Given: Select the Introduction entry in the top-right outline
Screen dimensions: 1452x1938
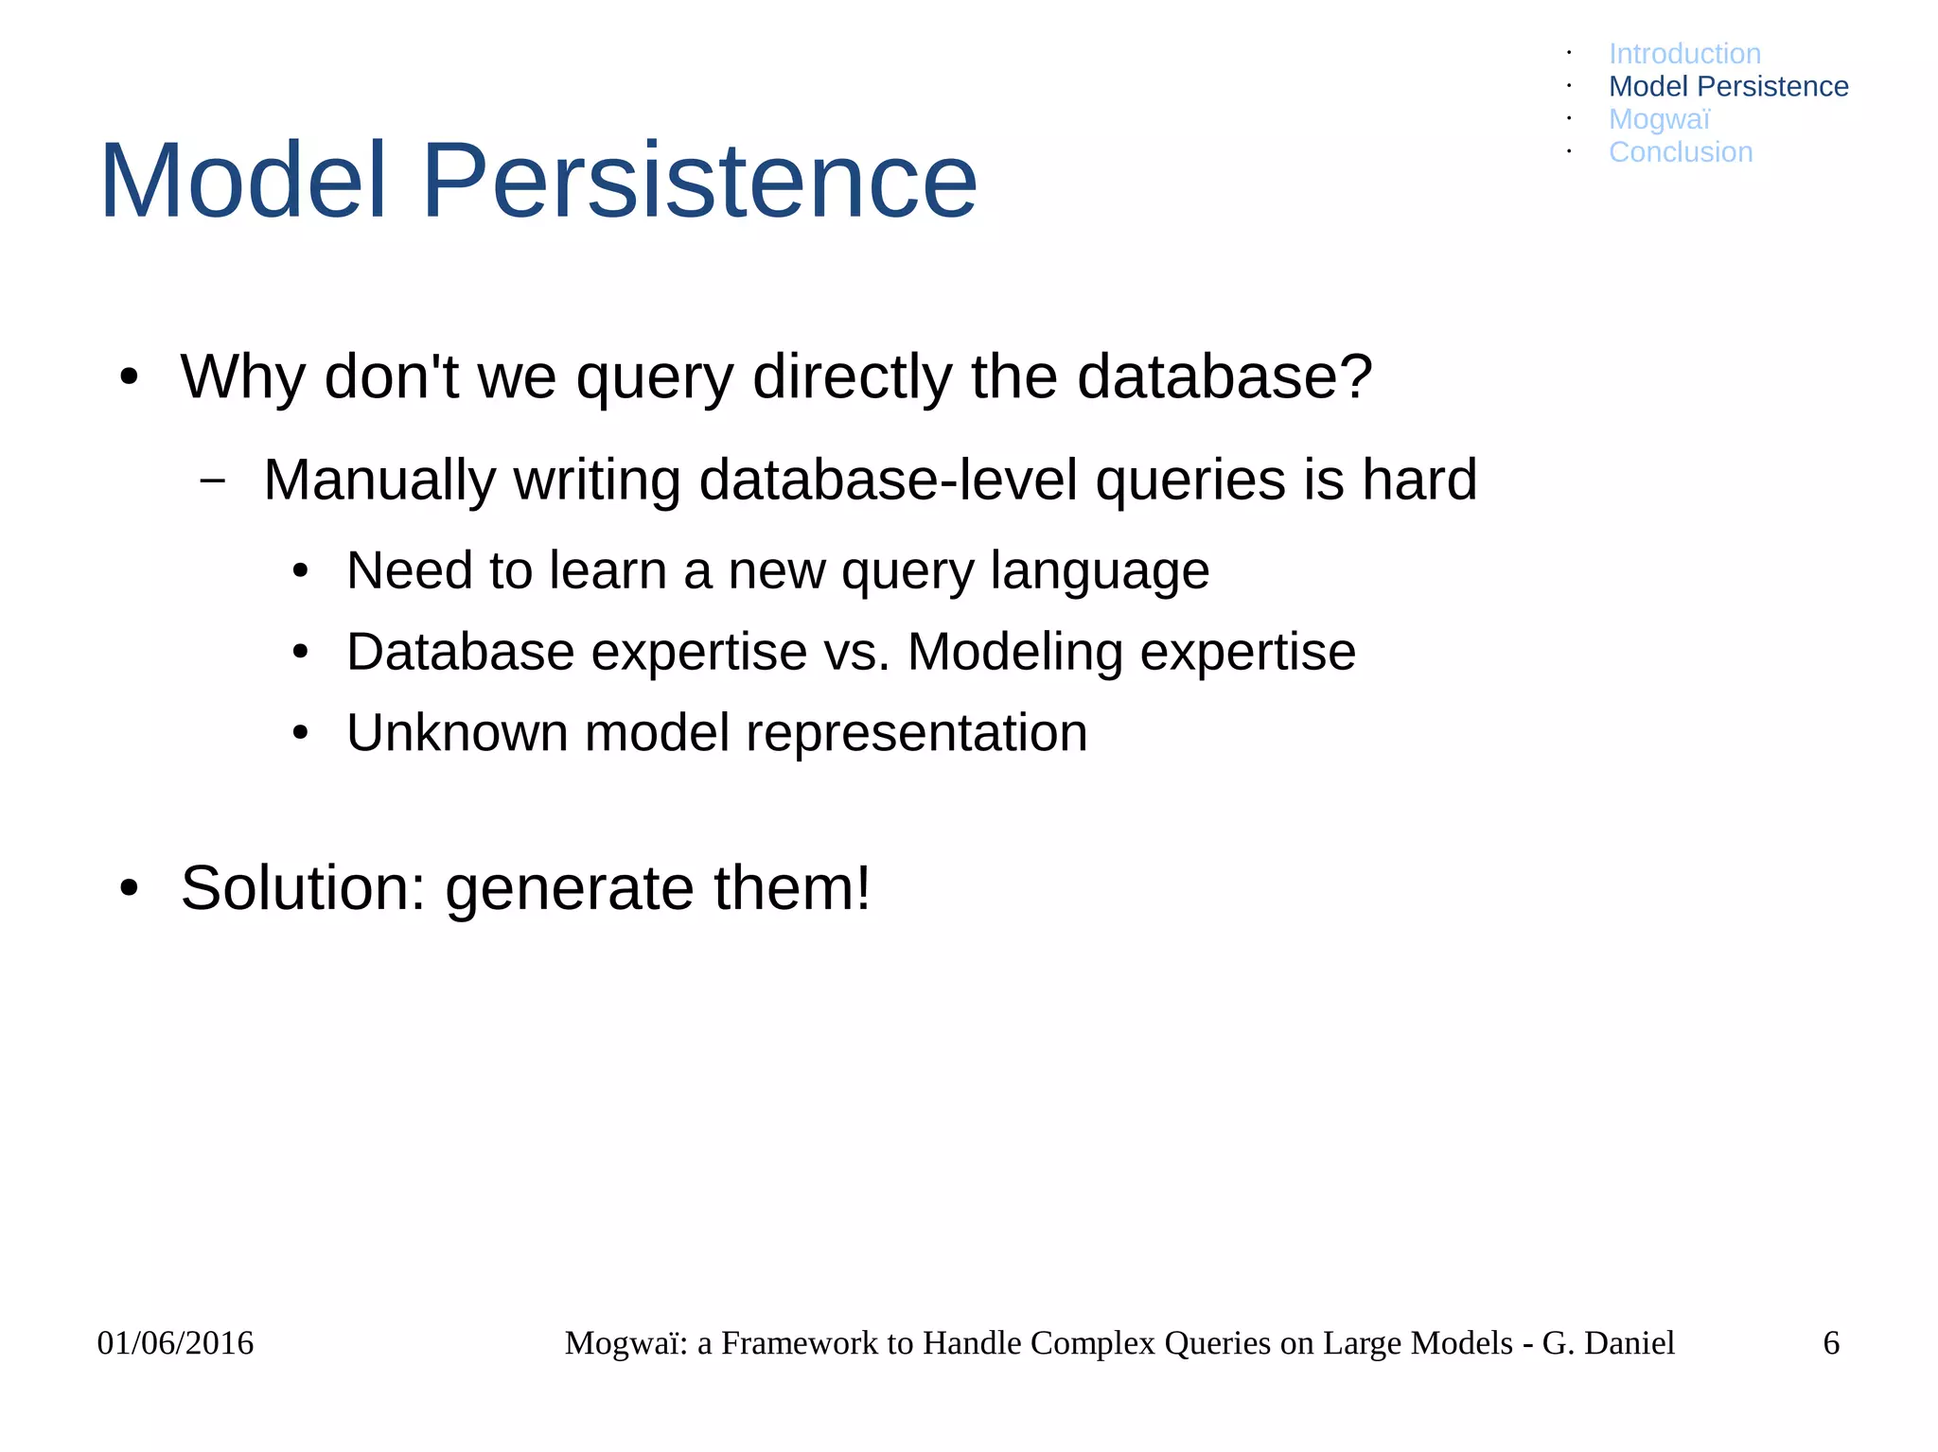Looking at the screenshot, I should (x=1684, y=54).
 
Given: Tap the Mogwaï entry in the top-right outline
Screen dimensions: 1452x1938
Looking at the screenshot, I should (x=1659, y=119).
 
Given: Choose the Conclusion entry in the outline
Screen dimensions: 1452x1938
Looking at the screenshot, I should (x=1680, y=152).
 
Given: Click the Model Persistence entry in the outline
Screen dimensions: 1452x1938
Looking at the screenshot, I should (x=1728, y=86).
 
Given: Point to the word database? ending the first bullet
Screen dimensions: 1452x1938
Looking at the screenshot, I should (x=1224, y=376).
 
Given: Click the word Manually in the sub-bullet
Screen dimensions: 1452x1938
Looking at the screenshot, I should (x=379, y=480).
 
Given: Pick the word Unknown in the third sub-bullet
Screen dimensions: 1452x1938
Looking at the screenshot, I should (x=457, y=733).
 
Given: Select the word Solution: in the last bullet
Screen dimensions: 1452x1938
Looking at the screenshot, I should (x=303, y=888).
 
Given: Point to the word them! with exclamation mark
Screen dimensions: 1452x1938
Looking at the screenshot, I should (x=791, y=888).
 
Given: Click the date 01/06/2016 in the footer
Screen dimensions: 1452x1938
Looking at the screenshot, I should (x=175, y=1343).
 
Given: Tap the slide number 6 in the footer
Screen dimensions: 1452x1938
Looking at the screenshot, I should (x=1831, y=1343).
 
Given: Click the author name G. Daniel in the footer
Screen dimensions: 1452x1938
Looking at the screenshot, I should (x=1608, y=1343).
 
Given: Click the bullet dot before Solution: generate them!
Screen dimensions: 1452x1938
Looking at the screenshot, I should (x=130, y=889).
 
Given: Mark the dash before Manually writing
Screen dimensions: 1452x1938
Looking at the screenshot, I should (x=213, y=481).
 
